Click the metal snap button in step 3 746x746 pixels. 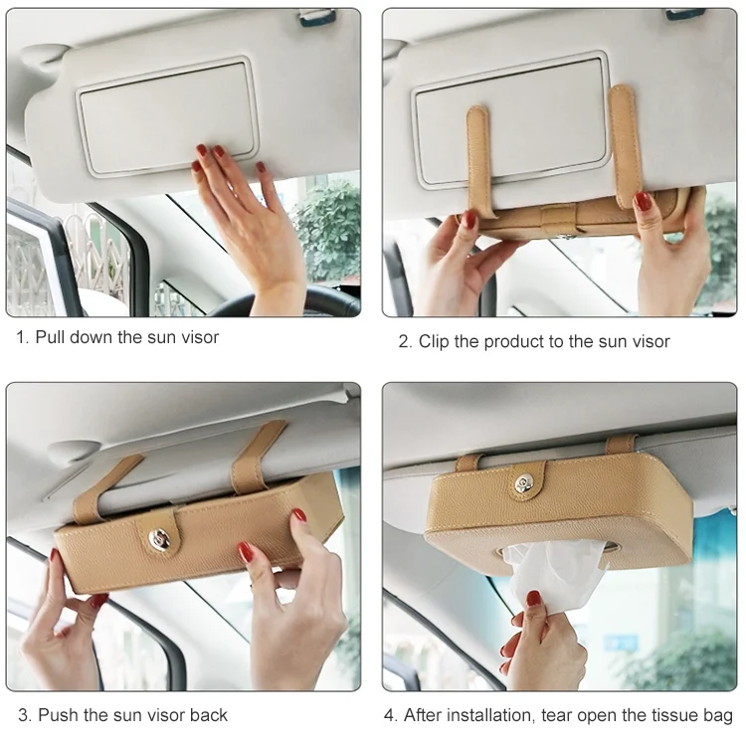(x=158, y=538)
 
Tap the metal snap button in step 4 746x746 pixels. (x=524, y=484)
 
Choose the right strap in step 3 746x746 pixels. (x=256, y=456)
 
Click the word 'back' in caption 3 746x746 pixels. (x=209, y=715)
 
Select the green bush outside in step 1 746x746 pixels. (x=328, y=229)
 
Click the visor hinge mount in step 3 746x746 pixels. (x=74, y=451)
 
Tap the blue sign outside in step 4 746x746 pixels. (x=621, y=644)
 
